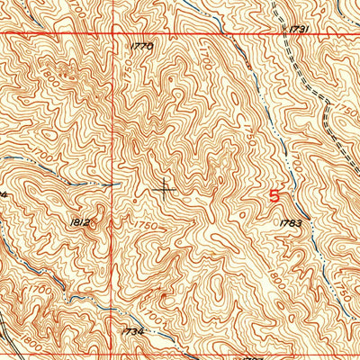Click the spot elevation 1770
(142, 45)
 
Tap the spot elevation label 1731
(300, 30)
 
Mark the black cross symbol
(165, 188)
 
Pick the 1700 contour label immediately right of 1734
(160, 320)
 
